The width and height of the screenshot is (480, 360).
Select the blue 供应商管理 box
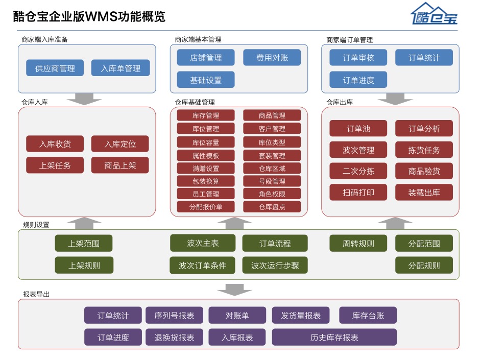point(55,68)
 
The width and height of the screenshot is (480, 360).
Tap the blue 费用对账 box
point(272,58)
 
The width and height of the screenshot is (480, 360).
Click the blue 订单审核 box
point(358,58)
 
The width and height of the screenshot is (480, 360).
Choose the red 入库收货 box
point(55,144)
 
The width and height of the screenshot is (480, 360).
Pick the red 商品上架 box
point(120,165)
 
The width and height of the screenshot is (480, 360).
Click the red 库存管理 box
point(206,115)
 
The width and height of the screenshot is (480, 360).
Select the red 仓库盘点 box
point(272,207)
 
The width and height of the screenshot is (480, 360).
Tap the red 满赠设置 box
point(206,168)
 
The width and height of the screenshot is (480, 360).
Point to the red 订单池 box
point(358,129)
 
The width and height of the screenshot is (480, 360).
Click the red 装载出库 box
point(424,193)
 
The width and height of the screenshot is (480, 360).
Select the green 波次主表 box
point(203,243)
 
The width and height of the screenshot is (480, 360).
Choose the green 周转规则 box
point(358,244)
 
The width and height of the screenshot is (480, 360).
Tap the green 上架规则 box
point(84,265)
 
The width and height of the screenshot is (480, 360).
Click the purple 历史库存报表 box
point(334,338)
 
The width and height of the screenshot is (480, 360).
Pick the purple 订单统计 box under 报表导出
point(113,316)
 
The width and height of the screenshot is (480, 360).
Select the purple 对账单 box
point(237,316)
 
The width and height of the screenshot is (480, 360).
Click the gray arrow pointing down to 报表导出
point(234,290)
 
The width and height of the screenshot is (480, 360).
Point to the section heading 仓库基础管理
point(195,102)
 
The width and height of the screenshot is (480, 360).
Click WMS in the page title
point(102,16)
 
